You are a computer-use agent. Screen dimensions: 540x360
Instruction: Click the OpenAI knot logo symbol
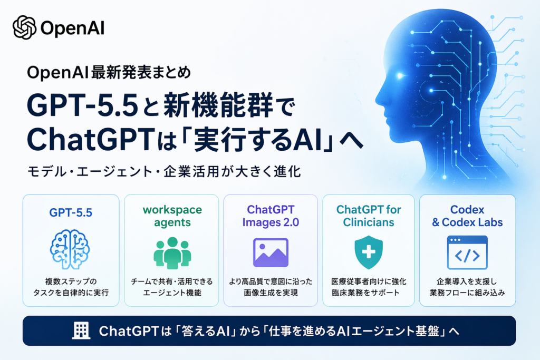(24, 27)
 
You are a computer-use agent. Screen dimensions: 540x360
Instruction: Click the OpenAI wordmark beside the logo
(73, 28)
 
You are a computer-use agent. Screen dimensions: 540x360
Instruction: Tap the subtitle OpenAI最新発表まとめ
(109, 72)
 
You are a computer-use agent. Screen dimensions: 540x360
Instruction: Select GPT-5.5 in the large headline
(83, 105)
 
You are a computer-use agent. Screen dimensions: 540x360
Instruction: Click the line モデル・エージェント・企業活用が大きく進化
(165, 171)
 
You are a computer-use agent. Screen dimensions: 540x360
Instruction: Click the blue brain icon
(70, 249)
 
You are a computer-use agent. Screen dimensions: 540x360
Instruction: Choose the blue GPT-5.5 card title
(71, 213)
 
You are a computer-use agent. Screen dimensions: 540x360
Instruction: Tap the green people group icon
(172, 253)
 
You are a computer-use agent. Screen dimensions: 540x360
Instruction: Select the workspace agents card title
(172, 216)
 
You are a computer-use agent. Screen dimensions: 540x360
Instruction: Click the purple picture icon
(271, 252)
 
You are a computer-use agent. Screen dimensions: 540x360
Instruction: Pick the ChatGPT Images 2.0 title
(271, 216)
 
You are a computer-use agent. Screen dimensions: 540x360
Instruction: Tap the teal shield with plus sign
(369, 252)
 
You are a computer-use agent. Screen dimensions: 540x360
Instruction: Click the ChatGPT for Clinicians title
(369, 216)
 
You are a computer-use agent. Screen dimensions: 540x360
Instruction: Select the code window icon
(467, 252)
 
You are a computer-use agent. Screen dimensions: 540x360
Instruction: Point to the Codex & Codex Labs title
(467, 216)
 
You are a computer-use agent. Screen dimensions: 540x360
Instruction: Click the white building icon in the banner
(81, 330)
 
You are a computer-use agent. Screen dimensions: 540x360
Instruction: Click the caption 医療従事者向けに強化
(369, 281)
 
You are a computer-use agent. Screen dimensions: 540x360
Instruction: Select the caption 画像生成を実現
(271, 293)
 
